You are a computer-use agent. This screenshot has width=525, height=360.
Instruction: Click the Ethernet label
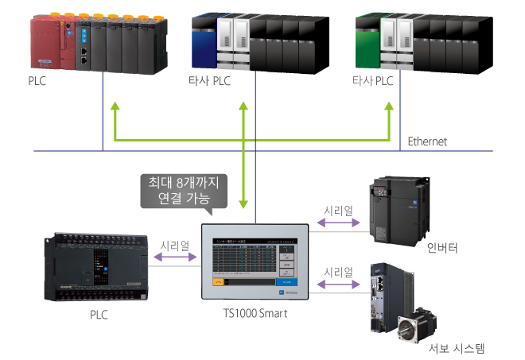click(x=427, y=141)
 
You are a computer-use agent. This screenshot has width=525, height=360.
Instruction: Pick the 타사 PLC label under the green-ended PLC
click(x=373, y=82)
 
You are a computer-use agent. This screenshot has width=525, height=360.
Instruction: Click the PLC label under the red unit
click(x=37, y=81)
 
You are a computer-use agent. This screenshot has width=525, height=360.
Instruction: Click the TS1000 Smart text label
click(x=255, y=313)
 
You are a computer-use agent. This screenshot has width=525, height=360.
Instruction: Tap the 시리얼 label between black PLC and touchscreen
click(x=176, y=246)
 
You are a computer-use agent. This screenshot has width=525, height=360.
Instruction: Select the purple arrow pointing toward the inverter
click(x=337, y=225)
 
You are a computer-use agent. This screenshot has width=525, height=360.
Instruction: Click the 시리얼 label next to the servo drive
click(x=338, y=273)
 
